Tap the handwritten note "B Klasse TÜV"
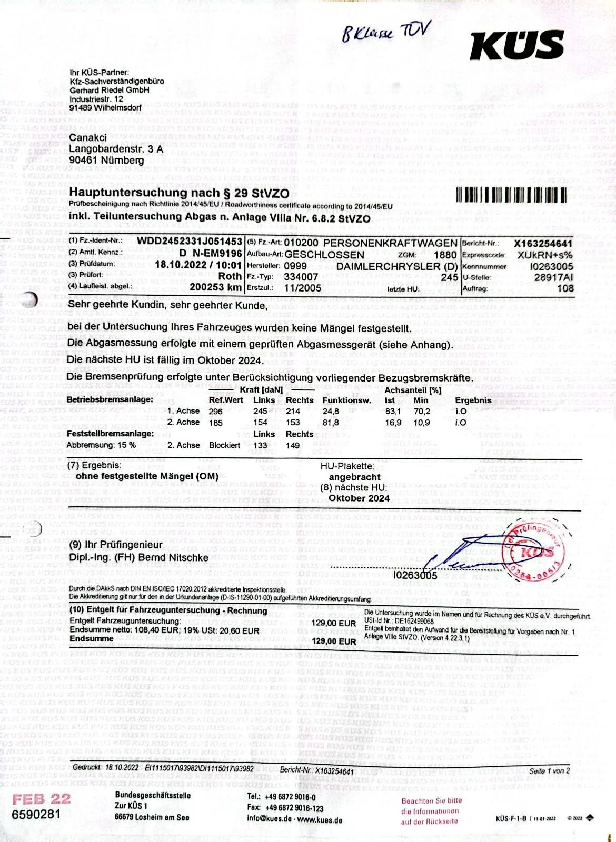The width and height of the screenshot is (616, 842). click(x=386, y=32)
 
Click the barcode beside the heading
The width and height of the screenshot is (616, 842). click(x=511, y=196)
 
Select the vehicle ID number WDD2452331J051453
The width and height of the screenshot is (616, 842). click(x=190, y=242)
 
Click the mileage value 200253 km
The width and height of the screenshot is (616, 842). click(x=215, y=287)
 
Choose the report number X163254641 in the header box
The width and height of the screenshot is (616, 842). click(x=543, y=243)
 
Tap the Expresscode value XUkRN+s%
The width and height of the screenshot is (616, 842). click(x=545, y=255)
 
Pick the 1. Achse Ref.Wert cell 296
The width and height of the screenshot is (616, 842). click(x=216, y=412)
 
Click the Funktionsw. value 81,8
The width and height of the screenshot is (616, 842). click(x=331, y=423)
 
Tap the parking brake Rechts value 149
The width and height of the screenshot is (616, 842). click(x=293, y=446)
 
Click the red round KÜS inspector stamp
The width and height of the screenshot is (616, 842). click(x=533, y=553)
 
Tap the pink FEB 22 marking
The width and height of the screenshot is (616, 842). click(x=41, y=799)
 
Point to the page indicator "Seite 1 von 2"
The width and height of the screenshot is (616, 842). click(x=549, y=770)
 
